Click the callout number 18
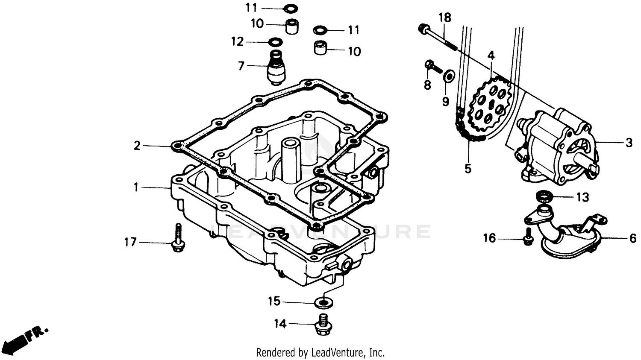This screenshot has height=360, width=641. click(x=445, y=18)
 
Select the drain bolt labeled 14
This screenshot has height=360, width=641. click(x=323, y=325)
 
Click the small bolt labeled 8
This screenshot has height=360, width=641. click(x=431, y=66)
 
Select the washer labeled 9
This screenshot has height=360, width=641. click(x=449, y=76)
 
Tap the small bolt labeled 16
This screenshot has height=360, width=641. click(x=528, y=237)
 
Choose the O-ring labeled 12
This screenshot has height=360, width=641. click(x=275, y=42)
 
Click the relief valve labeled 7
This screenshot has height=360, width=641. click(x=276, y=68)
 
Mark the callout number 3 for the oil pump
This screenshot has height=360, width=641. click(x=629, y=142)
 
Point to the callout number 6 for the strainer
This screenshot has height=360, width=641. click(x=633, y=238)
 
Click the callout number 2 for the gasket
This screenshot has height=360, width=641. click(x=137, y=146)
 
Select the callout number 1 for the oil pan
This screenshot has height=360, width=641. click(x=136, y=187)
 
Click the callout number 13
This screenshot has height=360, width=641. click(x=582, y=197)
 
